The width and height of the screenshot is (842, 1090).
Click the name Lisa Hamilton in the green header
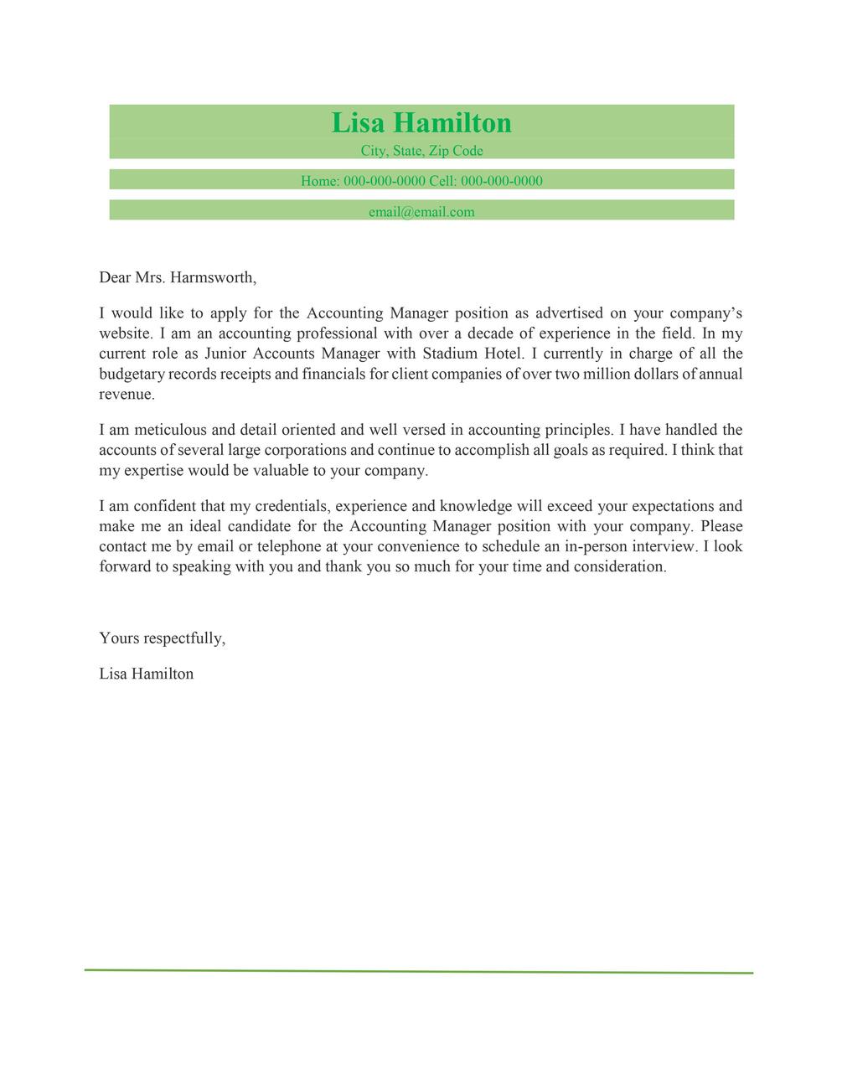point(421,123)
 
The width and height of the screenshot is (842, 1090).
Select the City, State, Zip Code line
point(421,151)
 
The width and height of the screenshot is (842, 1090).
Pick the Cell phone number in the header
point(502,181)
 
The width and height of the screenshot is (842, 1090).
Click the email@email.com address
point(421,212)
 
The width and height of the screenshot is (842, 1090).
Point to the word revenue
point(126,394)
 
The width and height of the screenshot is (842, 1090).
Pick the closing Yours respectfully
point(162,638)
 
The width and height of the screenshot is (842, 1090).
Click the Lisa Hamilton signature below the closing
point(146,674)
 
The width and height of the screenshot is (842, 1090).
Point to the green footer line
point(419,971)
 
